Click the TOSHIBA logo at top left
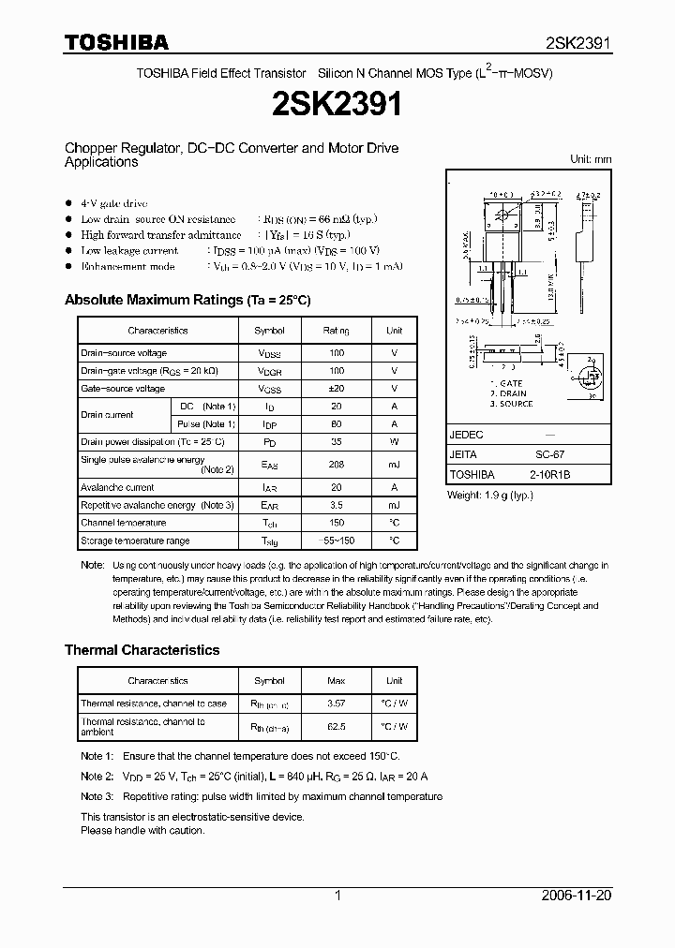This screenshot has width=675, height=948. (116, 42)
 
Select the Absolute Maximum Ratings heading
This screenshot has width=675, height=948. (187, 300)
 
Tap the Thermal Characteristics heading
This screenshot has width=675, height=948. (142, 649)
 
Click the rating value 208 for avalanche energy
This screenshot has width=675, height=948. (337, 465)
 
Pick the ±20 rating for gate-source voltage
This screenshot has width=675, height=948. (337, 389)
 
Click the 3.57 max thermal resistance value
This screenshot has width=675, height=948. (337, 704)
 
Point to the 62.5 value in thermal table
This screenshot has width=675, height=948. (337, 726)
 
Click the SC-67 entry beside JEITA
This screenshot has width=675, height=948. (549, 454)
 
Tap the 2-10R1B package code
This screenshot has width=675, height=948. (549, 474)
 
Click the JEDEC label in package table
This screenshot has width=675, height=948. (466, 435)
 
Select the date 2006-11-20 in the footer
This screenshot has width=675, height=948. (576, 896)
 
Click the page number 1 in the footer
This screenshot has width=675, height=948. (337, 896)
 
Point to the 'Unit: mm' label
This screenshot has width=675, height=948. (591, 159)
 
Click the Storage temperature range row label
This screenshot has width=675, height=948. (135, 541)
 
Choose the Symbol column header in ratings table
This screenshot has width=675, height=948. (270, 331)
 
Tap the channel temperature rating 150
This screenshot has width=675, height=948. (337, 523)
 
